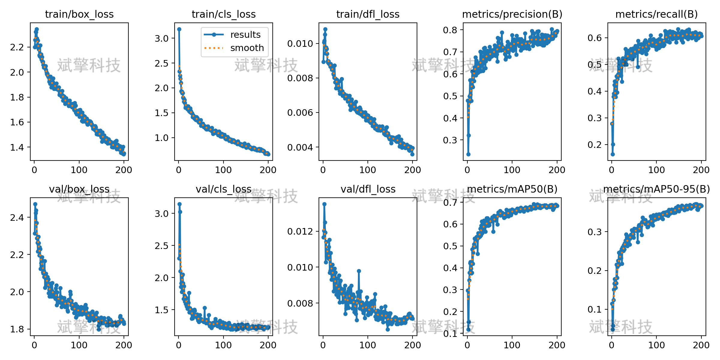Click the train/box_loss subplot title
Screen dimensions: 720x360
pyautogui.click(x=79, y=14)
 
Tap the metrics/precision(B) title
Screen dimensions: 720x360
pyautogui.click(x=512, y=14)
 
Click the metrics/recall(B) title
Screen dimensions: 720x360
pyautogui.click(x=657, y=14)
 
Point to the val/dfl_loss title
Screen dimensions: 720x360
pyautogui.click(x=368, y=189)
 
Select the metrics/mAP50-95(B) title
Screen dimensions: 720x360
pyautogui.click(x=657, y=189)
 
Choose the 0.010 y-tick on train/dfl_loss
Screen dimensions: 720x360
pyautogui.click(x=300, y=43)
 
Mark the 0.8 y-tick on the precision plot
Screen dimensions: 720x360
pyautogui.click(x=450, y=30)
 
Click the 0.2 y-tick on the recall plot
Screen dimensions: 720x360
pyautogui.click(x=595, y=145)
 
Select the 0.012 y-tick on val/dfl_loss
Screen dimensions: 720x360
pyautogui.click(x=300, y=231)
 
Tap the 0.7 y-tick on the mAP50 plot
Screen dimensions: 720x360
pyautogui.click(x=450, y=202)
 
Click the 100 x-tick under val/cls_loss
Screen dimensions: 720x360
pyautogui.click(x=223, y=345)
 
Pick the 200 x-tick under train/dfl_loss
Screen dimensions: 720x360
pyautogui.click(x=412, y=170)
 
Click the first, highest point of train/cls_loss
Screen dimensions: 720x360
pyautogui.click(x=179, y=29)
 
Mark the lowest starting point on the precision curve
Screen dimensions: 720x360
pyautogui.click(x=468, y=154)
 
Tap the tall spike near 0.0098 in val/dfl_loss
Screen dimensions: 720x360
pyautogui.click(x=359, y=271)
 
